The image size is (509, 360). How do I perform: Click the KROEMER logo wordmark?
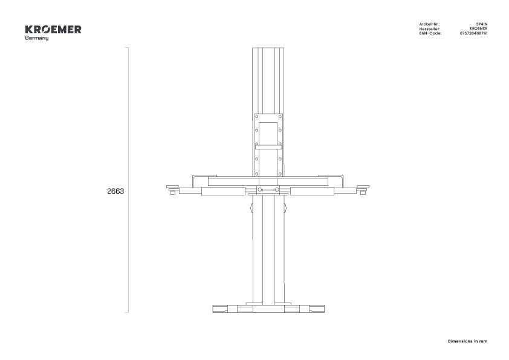(53, 29)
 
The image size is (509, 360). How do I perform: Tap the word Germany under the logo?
(37, 38)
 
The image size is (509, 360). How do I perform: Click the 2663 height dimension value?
(115, 191)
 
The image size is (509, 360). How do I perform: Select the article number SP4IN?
(482, 24)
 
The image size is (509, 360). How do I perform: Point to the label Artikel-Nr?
(429, 24)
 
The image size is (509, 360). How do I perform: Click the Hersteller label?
(430, 28)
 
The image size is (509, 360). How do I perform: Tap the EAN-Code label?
(430, 33)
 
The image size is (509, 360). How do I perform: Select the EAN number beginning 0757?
(473, 33)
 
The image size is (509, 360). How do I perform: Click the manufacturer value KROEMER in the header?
(479, 28)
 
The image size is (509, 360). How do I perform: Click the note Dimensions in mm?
(467, 341)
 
